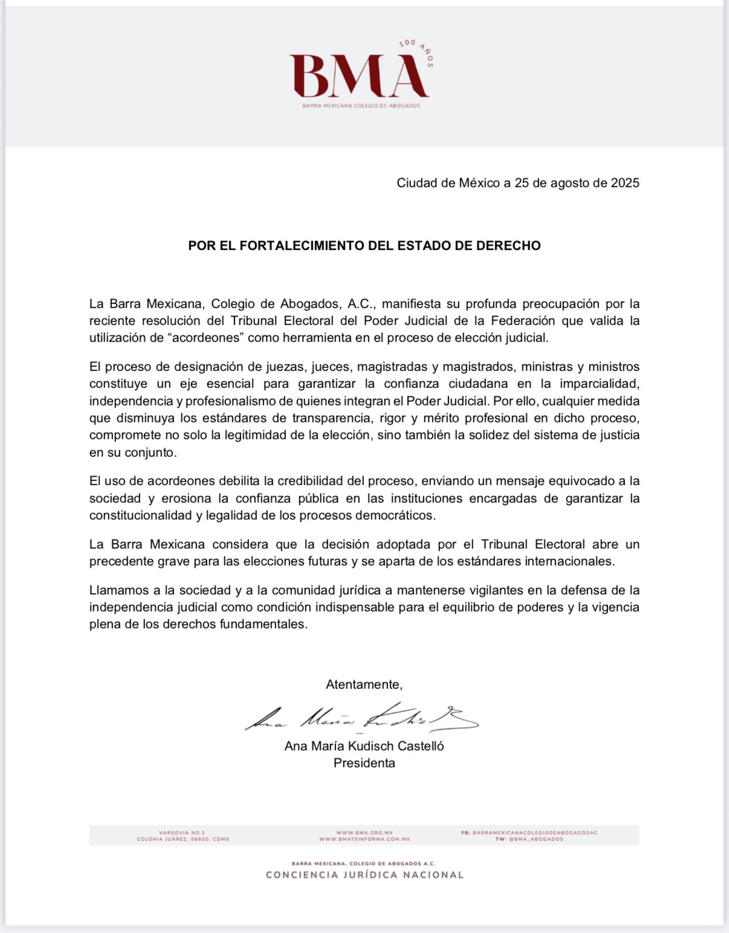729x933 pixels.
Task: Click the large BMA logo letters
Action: click(359, 76)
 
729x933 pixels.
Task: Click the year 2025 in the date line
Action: click(625, 183)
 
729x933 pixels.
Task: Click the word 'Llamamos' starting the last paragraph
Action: click(117, 590)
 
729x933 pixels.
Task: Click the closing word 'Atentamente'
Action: click(363, 685)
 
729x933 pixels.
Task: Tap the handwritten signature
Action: click(361, 717)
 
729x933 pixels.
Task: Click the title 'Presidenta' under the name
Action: click(364, 763)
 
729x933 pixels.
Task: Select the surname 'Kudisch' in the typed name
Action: click(375, 746)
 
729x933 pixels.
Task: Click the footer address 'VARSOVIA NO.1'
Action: click(182, 833)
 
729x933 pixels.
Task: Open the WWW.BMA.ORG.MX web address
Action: click(364, 833)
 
